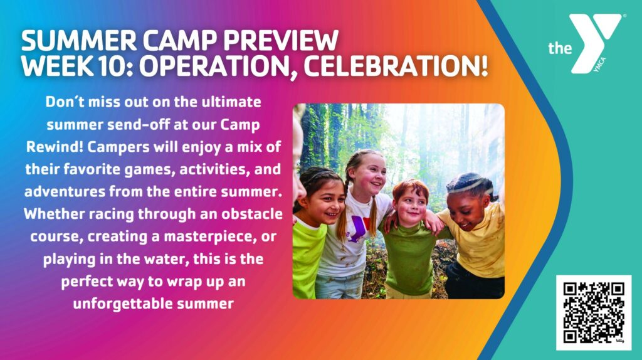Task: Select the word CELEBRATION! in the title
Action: (x=396, y=66)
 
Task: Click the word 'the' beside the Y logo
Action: (x=560, y=48)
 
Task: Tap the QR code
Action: (x=594, y=312)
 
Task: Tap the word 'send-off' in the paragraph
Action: (x=137, y=124)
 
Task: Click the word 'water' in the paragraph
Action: (x=166, y=260)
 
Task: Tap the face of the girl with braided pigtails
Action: (x=371, y=177)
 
